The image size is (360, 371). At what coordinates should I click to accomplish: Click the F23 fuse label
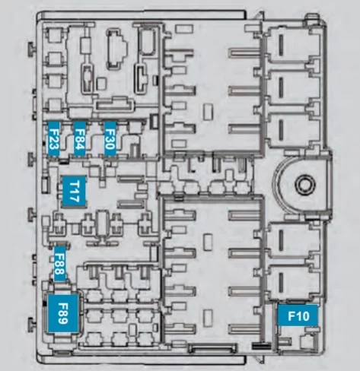[53, 139]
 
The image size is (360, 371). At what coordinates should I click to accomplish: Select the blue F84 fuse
[79, 139]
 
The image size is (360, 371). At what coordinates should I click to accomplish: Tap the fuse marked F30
[110, 138]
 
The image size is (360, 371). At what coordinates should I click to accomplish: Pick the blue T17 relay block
[74, 192]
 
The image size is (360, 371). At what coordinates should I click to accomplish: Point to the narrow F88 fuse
[59, 264]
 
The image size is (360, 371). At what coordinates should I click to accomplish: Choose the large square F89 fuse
[63, 313]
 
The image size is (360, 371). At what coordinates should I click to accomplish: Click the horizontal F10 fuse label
[298, 316]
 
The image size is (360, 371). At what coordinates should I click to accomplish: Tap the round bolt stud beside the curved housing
[305, 184]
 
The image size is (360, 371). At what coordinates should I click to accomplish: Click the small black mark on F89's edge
[45, 303]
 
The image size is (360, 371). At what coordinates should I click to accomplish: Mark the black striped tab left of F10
[261, 346]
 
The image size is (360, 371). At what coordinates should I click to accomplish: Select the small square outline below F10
[307, 341]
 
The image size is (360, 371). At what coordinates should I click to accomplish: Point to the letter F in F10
[292, 316]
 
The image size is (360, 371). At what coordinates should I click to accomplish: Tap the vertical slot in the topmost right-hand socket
[281, 45]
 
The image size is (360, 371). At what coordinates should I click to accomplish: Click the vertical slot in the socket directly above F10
[281, 282]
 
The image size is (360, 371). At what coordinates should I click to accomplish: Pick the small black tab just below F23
[64, 160]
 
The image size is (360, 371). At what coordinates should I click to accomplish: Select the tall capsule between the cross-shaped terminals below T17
[103, 224]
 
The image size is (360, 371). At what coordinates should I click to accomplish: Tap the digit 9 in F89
[63, 321]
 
